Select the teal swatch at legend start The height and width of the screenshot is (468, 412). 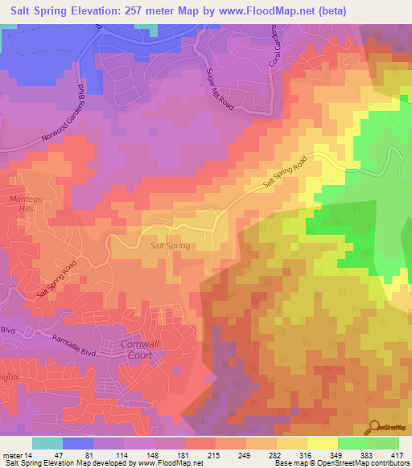point(47,443)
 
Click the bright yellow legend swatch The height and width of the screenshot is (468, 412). point(323,443)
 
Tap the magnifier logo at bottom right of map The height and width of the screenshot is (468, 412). point(374,425)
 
